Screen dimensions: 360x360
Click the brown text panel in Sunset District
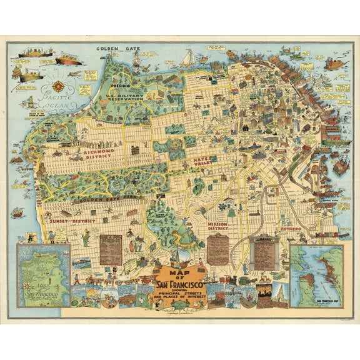[111, 248]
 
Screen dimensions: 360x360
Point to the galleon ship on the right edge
[341, 166]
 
